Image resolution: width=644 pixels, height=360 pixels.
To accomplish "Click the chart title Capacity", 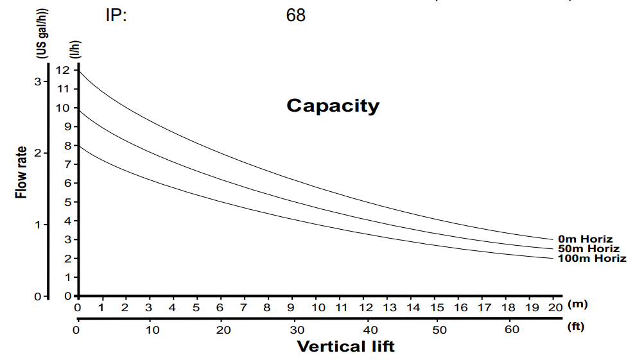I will [333, 105].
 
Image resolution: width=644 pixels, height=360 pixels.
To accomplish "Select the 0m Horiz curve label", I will [586, 239].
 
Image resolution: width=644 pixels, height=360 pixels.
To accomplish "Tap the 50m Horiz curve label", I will [589, 249].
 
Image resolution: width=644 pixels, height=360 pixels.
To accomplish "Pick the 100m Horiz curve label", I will [592, 259].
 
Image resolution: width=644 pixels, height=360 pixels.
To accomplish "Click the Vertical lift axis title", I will [345, 347].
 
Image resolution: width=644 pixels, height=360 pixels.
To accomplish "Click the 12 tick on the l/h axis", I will [62, 70].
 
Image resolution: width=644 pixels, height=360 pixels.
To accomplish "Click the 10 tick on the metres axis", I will [318, 307].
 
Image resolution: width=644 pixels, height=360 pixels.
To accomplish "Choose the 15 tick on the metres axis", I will [437, 307].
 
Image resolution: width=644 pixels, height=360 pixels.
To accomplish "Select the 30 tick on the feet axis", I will [297, 330].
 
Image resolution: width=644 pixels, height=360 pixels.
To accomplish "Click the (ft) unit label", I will [576, 327].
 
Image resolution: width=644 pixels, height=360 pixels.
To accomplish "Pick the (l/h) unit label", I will [74, 49].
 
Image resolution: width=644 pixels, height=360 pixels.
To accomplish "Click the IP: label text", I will [116, 15].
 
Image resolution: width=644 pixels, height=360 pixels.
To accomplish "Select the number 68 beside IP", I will [296, 15].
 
